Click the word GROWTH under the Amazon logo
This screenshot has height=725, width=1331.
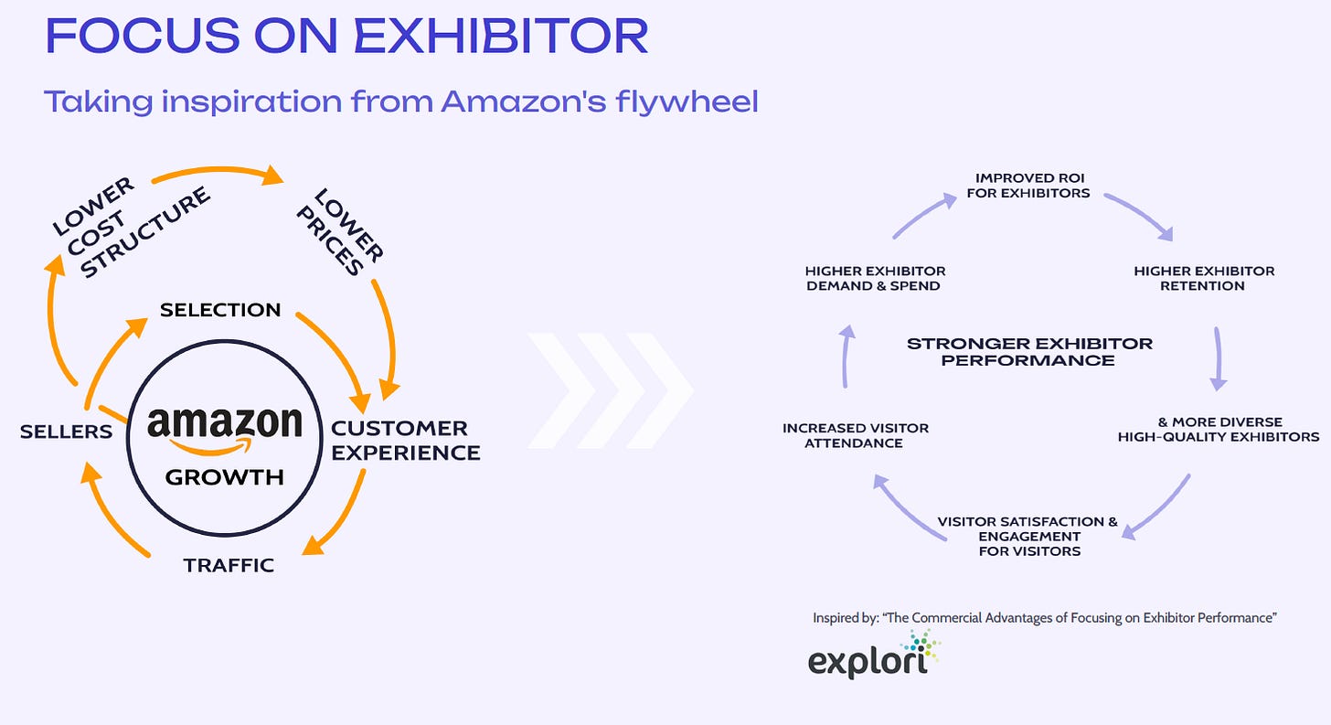coord(224,476)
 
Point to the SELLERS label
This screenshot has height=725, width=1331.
coord(66,432)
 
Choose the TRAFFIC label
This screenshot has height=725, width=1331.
coord(229,565)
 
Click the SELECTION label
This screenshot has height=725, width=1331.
coord(220,310)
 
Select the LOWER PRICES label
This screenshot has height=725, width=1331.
coord(347,231)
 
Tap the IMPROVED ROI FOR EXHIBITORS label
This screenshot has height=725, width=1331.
coord(1032,186)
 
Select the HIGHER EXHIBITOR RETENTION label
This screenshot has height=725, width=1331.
coord(1203,278)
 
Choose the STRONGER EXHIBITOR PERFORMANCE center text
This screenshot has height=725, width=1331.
coord(1029,352)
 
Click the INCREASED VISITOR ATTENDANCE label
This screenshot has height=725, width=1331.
coord(855,435)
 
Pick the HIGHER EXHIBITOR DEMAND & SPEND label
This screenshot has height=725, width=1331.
coord(875,278)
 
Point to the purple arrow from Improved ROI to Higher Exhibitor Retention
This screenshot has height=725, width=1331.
coord(1138,214)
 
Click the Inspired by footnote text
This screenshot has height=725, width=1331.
coord(1044,618)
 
